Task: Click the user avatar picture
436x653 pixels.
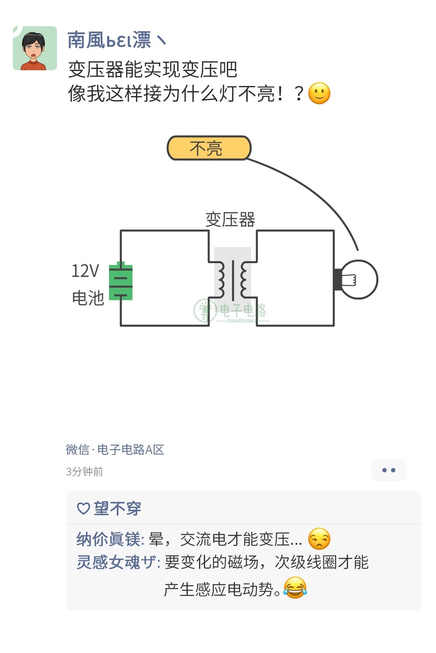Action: (35, 48)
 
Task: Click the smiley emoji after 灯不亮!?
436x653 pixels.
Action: (319, 94)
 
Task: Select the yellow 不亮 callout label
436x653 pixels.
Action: (209, 148)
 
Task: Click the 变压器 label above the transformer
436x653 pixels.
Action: (230, 220)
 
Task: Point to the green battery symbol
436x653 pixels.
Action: (121, 281)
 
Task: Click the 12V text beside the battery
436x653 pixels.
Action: (85, 271)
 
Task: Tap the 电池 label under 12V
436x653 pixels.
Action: (88, 298)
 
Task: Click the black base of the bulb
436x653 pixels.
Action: (337, 279)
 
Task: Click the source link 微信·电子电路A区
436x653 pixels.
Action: (115, 449)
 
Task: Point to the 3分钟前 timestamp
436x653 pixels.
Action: (84, 471)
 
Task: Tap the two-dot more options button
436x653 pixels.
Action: (388, 470)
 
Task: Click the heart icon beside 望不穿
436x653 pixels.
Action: (83, 508)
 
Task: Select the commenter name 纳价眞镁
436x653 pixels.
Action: (110, 539)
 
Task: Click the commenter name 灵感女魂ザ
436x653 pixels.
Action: (118, 562)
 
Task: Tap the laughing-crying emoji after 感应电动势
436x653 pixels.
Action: (295, 588)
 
